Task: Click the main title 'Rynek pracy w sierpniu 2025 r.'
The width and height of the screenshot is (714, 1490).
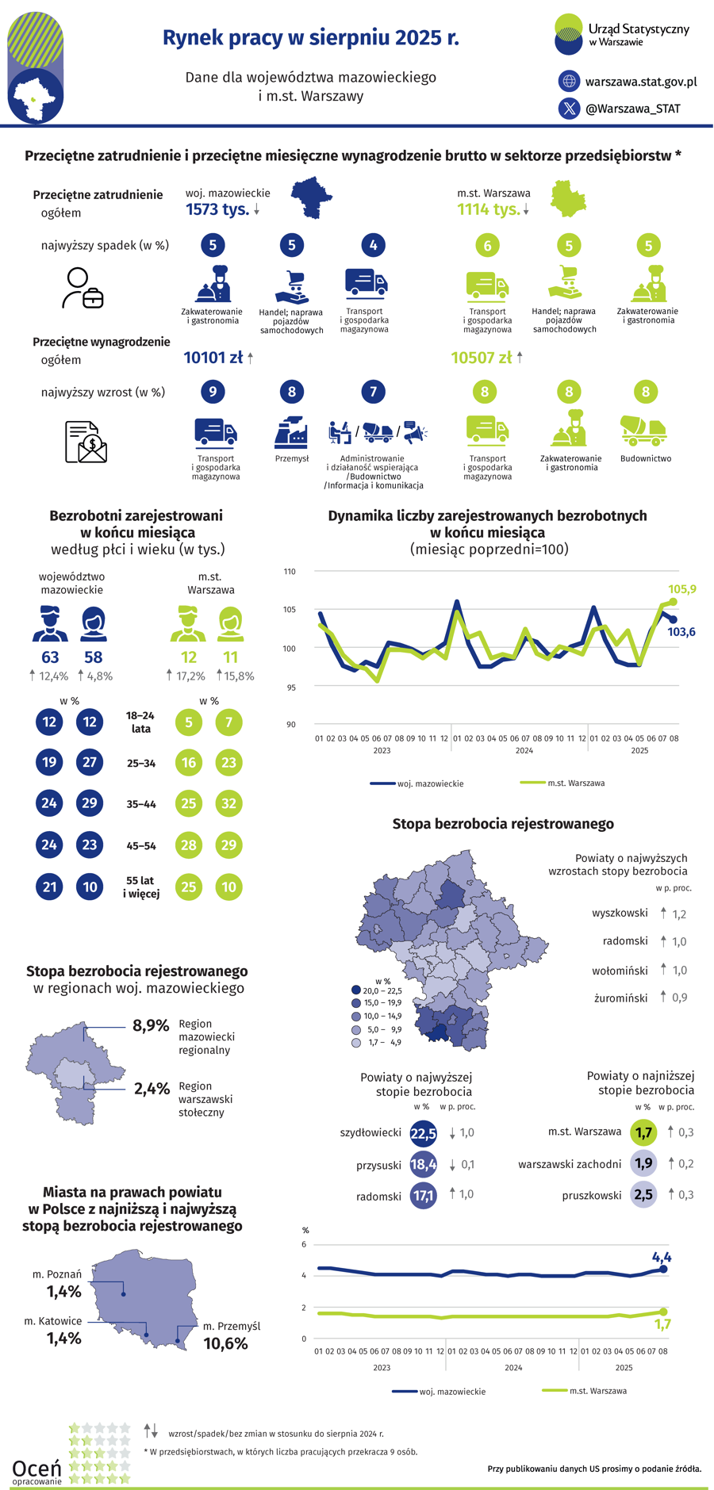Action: click(x=311, y=38)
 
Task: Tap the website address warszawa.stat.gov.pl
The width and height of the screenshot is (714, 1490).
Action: click(x=640, y=81)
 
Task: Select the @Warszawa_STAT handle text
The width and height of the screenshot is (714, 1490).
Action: click(x=632, y=109)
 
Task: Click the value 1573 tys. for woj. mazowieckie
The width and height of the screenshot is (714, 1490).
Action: click(x=217, y=209)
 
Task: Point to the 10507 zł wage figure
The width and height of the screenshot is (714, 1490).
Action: click(x=482, y=358)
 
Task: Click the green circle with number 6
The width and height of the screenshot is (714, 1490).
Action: click(x=487, y=246)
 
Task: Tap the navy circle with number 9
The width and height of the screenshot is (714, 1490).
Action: click(x=213, y=392)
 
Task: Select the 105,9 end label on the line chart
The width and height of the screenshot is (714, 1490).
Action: click(x=681, y=589)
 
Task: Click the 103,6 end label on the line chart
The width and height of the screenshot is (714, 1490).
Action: click(x=681, y=632)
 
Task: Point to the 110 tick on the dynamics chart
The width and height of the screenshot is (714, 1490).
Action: click(x=290, y=572)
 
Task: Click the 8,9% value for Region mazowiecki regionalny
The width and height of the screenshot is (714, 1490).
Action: click(x=151, y=1025)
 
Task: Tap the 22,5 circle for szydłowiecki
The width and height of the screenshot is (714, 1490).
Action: click(x=424, y=1133)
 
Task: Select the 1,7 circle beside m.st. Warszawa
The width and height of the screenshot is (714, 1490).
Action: click(x=643, y=1132)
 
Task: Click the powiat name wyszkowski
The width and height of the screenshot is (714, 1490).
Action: click(x=620, y=913)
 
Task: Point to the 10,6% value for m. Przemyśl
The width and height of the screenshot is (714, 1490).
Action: click(x=226, y=1343)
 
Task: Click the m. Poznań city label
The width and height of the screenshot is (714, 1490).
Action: click(x=57, y=1274)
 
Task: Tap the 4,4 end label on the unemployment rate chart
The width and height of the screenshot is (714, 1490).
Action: click(x=661, y=1257)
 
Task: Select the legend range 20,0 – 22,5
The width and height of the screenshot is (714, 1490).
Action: click(x=382, y=990)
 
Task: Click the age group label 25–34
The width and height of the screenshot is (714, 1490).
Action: click(x=141, y=764)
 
